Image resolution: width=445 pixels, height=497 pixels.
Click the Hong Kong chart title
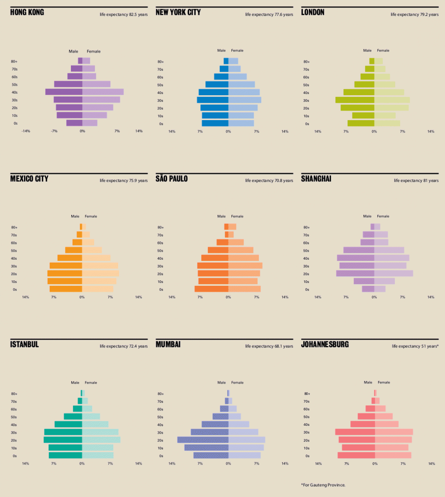click(27, 12)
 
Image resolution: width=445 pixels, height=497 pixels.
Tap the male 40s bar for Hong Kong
click(64, 92)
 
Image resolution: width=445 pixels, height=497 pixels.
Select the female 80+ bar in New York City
click(233, 61)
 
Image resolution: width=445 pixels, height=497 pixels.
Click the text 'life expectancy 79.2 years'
click(414, 14)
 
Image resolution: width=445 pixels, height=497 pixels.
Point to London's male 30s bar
click(355, 100)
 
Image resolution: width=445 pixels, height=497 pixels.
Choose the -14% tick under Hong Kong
click(26, 131)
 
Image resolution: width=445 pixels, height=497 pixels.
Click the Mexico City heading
click(29, 179)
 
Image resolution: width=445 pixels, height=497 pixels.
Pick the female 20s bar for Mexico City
click(100, 274)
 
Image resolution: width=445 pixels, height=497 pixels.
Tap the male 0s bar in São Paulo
click(212, 289)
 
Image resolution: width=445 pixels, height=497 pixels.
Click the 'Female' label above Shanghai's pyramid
click(383, 216)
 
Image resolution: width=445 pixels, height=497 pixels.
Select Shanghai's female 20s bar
click(394, 273)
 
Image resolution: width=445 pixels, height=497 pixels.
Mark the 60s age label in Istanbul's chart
click(14, 409)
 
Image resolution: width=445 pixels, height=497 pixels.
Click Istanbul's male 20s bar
click(63, 440)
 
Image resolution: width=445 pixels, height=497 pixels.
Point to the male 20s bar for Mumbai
click(203, 440)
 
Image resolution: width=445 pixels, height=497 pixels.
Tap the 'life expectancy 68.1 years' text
click(269, 346)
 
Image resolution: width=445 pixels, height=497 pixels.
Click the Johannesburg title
click(325, 345)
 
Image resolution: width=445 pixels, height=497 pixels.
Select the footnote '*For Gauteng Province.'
click(323, 485)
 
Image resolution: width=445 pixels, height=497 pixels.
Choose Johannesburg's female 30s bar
click(394, 432)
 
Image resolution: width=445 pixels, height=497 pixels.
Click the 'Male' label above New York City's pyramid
click(221, 51)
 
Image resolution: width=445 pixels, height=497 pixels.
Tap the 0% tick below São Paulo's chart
click(228, 297)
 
